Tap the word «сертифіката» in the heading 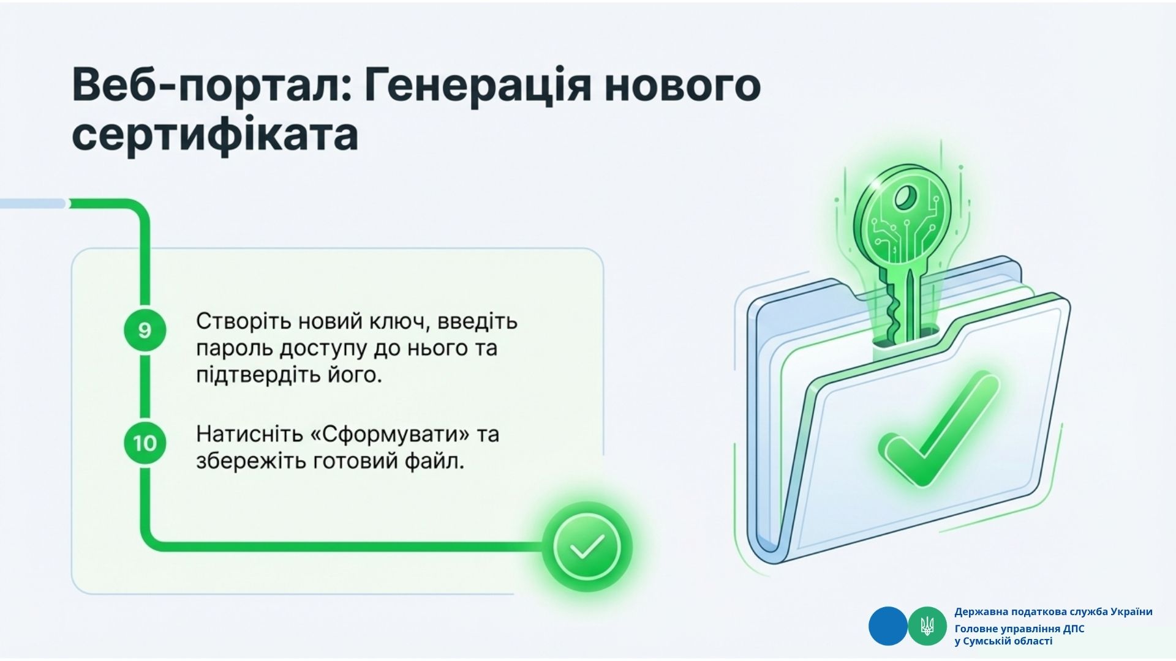coord(215,136)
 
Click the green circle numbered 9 coord(145,330)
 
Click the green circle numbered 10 coord(145,443)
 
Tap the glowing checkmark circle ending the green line coord(587,547)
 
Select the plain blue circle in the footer coord(888,626)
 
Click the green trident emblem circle coord(927,626)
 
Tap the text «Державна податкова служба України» coord(1053,612)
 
